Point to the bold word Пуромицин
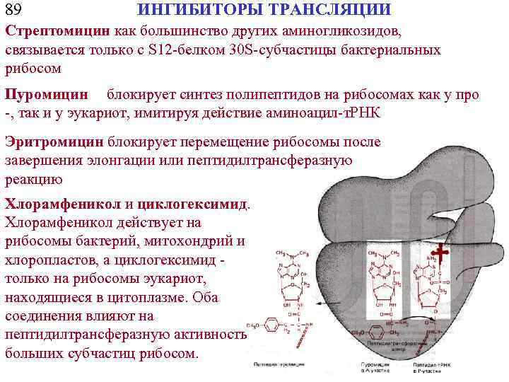tap(47, 95)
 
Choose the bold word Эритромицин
tap(55, 141)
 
